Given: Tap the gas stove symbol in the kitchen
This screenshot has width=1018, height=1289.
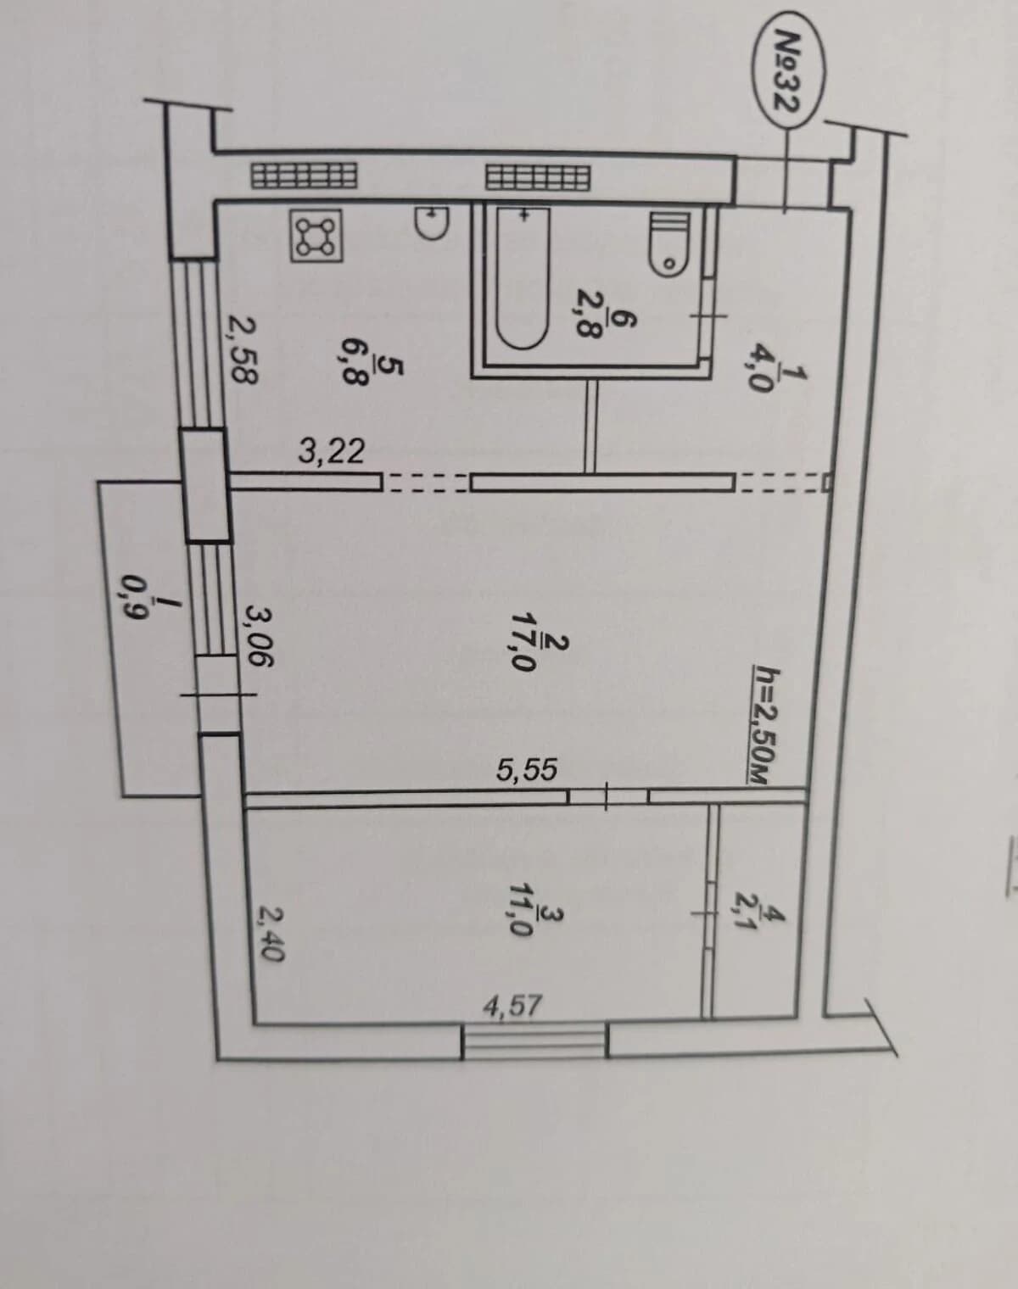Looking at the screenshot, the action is (x=316, y=236).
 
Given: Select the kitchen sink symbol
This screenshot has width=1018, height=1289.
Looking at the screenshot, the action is (x=432, y=221).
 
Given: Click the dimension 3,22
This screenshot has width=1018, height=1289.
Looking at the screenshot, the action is (x=332, y=451).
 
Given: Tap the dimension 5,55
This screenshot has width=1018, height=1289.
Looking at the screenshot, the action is (x=527, y=770).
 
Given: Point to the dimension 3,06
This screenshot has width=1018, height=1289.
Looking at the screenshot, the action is (x=260, y=638).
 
